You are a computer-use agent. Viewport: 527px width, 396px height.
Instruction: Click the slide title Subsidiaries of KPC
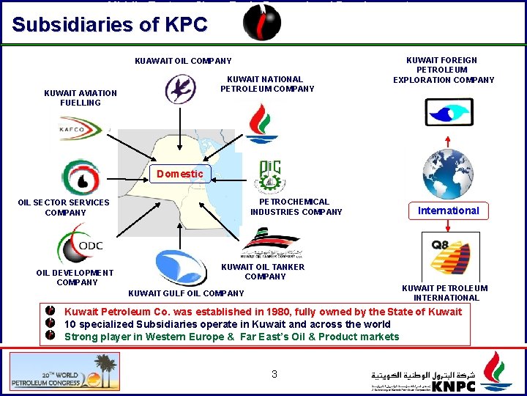(x=110, y=24)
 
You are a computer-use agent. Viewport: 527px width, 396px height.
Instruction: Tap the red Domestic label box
(x=179, y=174)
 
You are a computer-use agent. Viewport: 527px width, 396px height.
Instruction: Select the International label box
(x=448, y=210)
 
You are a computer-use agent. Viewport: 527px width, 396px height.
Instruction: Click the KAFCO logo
(x=81, y=130)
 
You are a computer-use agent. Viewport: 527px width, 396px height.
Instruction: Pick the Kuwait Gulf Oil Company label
(x=186, y=294)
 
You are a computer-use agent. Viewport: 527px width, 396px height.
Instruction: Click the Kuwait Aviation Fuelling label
(x=81, y=98)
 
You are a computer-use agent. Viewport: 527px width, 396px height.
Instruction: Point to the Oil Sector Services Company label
(x=64, y=208)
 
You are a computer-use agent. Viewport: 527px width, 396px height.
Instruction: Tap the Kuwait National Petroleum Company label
(x=267, y=84)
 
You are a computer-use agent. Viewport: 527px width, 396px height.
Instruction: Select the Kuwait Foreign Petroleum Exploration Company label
(x=444, y=70)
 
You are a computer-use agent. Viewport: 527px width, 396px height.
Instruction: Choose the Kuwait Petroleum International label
(x=445, y=293)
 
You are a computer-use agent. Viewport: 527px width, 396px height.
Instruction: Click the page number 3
(x=274, y=374)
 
